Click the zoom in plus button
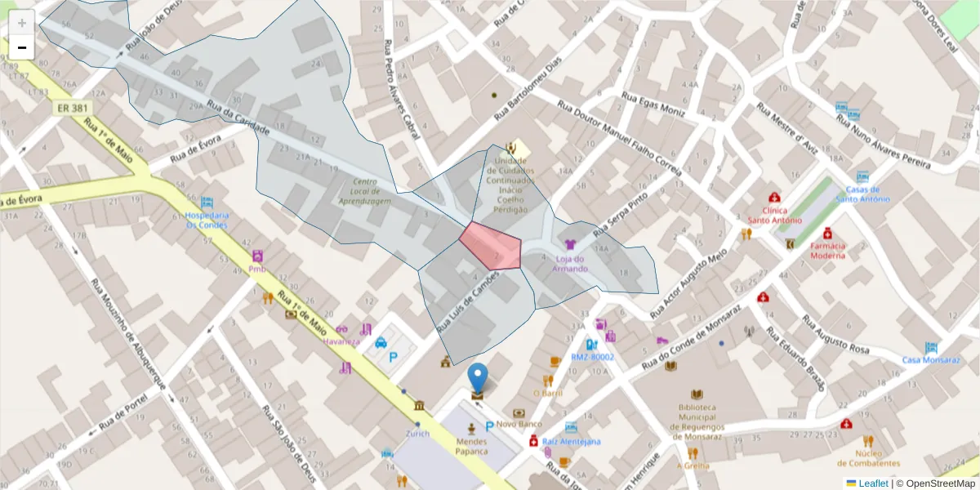tap(22, 22)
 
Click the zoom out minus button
tap(22, 47)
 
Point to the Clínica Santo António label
tap(775, 215)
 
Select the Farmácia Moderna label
tap(827, 250)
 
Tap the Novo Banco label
tap(519, 424)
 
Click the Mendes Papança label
tap(471, 446)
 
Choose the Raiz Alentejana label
tap(571, 441)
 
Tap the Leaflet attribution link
tap(873, 483)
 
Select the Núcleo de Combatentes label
tap(869, 458)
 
